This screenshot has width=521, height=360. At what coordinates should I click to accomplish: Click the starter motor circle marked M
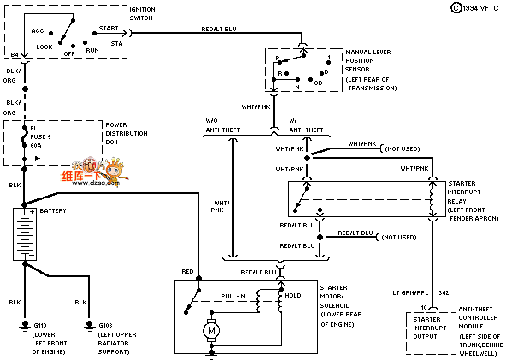(x=211, y=330)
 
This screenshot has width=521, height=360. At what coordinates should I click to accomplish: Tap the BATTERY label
(x=53, y=211)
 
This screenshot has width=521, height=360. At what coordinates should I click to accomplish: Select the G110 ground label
(x=39, y=325)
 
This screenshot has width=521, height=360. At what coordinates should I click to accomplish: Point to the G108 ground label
(x=105, y=325)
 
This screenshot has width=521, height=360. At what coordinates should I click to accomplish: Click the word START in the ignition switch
(x=109, y=29)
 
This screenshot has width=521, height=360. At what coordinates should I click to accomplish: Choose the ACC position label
(x=38, y=31)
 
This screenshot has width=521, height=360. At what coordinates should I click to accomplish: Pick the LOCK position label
(x=44, y=47)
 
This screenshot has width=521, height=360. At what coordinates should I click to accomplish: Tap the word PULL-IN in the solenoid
(x=233, y=296)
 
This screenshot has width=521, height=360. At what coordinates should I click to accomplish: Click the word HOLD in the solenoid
(x=293, y=295)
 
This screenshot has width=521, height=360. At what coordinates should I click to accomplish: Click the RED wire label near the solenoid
(x=188, y=271)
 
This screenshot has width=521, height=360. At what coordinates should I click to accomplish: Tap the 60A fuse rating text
(x=36, y=146)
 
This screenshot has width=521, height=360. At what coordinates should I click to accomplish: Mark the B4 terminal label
(x=15, y=55)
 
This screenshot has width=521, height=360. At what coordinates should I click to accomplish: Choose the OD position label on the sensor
(x=318, y=83)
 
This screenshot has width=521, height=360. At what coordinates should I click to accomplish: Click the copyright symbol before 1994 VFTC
(x=456, y=8)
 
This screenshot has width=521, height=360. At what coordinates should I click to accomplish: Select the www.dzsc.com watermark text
(x=96, y=183)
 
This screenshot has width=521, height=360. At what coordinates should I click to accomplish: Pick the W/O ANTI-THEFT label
(x=223, y=125)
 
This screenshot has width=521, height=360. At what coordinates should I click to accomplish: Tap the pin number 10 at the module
(x=424, y=307)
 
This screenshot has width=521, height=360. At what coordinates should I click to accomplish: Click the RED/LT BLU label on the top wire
(x=219, y=30)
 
